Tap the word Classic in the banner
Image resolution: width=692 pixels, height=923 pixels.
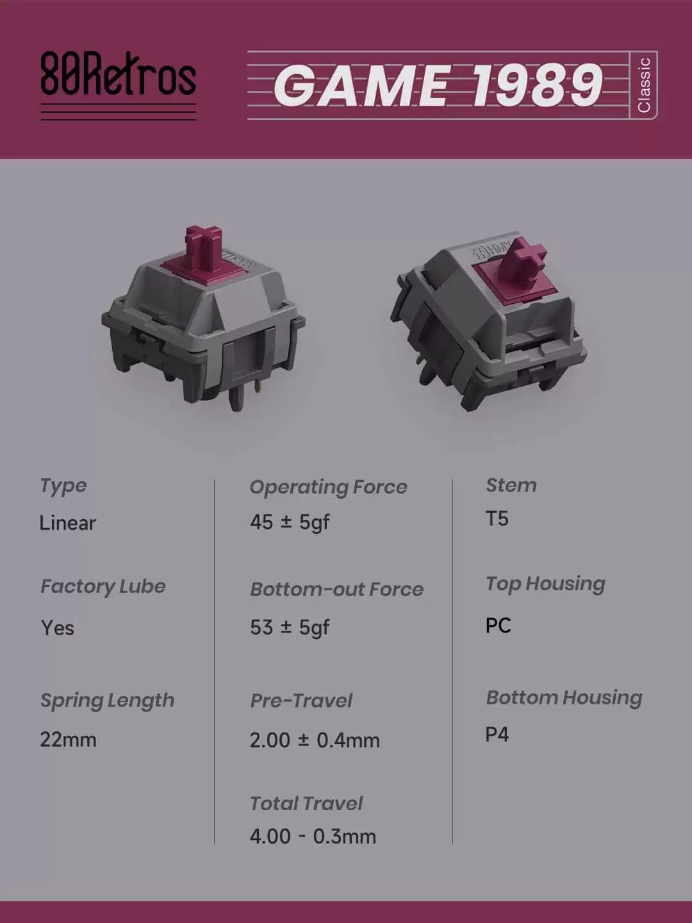coord(644,85)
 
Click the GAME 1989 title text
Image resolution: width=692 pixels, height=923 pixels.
coord(438,85)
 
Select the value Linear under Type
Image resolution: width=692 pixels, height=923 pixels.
coord(68,522)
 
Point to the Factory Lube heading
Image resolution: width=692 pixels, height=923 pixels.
coord(103,586)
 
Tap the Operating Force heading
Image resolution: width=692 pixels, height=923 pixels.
coord(328,487)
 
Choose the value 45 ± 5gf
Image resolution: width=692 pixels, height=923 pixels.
coord(290,522)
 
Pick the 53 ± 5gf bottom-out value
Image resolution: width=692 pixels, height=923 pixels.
coord(290,628)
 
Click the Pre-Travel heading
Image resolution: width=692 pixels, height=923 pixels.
coord(301,701)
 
